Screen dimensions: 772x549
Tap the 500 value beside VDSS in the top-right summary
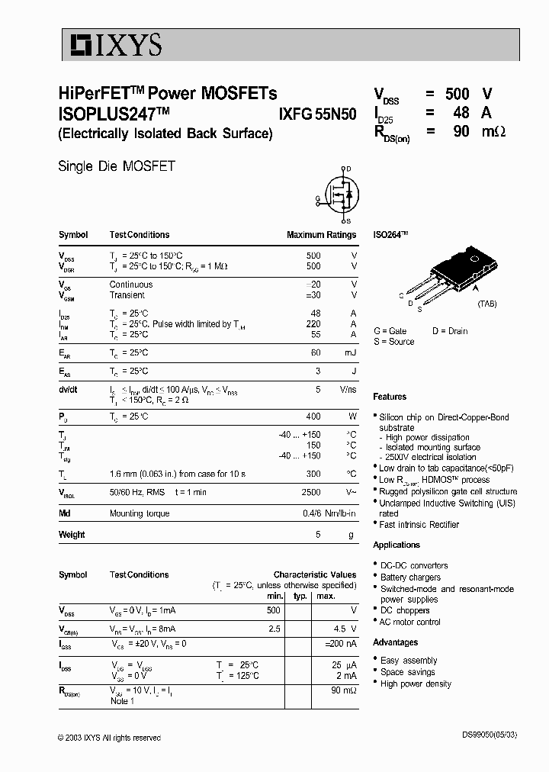pos(457,95)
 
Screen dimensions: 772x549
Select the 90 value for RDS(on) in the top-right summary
pos(461,131)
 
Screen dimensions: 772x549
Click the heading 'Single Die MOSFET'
pos(117,166)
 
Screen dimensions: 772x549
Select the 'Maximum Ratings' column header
pos(321,235)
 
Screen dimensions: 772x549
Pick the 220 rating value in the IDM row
pos(313,324)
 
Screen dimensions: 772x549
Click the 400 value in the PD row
pos(313,417)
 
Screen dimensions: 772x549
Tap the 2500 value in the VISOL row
pos(311,493)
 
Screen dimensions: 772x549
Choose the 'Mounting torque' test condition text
pos(140,514)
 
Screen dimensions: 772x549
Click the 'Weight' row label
pos(72,535)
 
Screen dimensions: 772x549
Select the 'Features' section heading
pos(390,397)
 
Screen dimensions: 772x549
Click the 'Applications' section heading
pos(396,545)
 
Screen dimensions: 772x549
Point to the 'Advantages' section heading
pos(395,642)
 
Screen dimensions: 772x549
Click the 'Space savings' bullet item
pos(408,672)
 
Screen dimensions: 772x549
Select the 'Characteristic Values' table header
pos(315,574)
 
